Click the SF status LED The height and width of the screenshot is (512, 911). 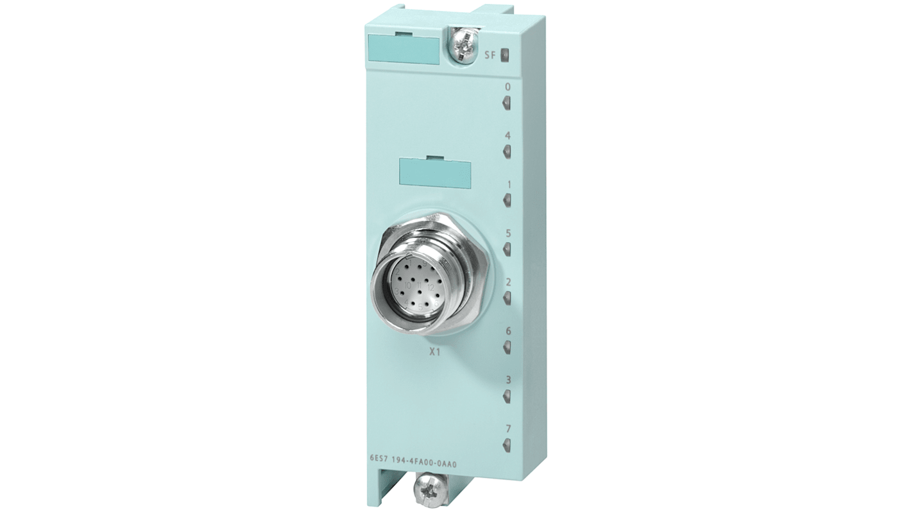coord(504,55)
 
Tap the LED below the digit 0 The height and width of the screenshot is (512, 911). coord(507,102)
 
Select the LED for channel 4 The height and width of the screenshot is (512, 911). coord(507,151)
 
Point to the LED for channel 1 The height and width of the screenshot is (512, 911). coord(507,200)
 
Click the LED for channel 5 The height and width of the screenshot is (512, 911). coord(507,249)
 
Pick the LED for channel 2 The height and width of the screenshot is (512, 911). coord(507,298)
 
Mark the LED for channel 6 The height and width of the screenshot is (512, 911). coord(507,347)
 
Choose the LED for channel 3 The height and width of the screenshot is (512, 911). coord(507,396)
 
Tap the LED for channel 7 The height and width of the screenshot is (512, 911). coord(507,445)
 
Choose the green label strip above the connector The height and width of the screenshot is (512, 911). coord(435,172)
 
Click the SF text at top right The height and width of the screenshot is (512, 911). coord(490,55)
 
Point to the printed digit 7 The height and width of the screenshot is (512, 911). coord(508,428)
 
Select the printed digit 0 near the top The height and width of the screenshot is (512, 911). coord(508,87)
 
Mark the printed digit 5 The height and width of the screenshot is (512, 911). coord(508,234)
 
